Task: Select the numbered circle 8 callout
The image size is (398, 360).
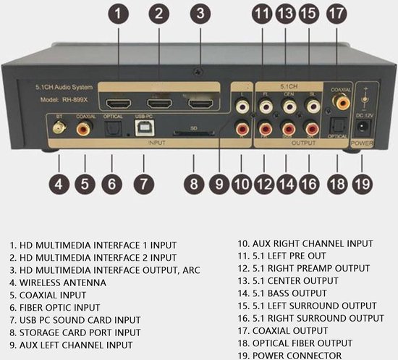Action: point(193,183)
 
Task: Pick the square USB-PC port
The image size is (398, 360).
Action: point(143,128)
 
